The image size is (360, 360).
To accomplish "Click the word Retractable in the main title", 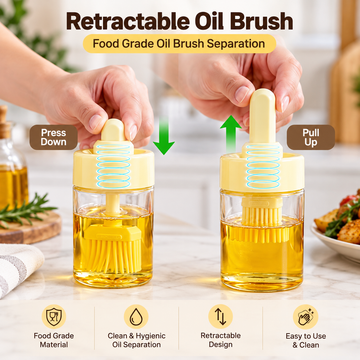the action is pos(132,21).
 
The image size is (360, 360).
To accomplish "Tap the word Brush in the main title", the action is pos(261,21).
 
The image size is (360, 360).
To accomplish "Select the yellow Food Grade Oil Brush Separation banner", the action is pos(179,44).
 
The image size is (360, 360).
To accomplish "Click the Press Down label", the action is pos(54,137).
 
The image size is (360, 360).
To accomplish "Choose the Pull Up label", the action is pos(311,137).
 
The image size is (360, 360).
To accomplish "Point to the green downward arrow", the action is pos(164,136).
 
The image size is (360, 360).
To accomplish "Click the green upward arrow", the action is pos(231,134).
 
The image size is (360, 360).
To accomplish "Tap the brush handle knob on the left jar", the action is pos(113,130).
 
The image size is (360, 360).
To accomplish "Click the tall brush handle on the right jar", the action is pos(262,116).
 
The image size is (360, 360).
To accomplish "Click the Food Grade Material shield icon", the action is pos(54,316).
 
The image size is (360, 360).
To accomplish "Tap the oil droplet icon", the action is pos(136,316).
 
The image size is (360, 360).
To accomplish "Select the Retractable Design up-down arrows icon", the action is pos(220,316).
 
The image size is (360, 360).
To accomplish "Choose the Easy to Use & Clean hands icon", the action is pos(305,316).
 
